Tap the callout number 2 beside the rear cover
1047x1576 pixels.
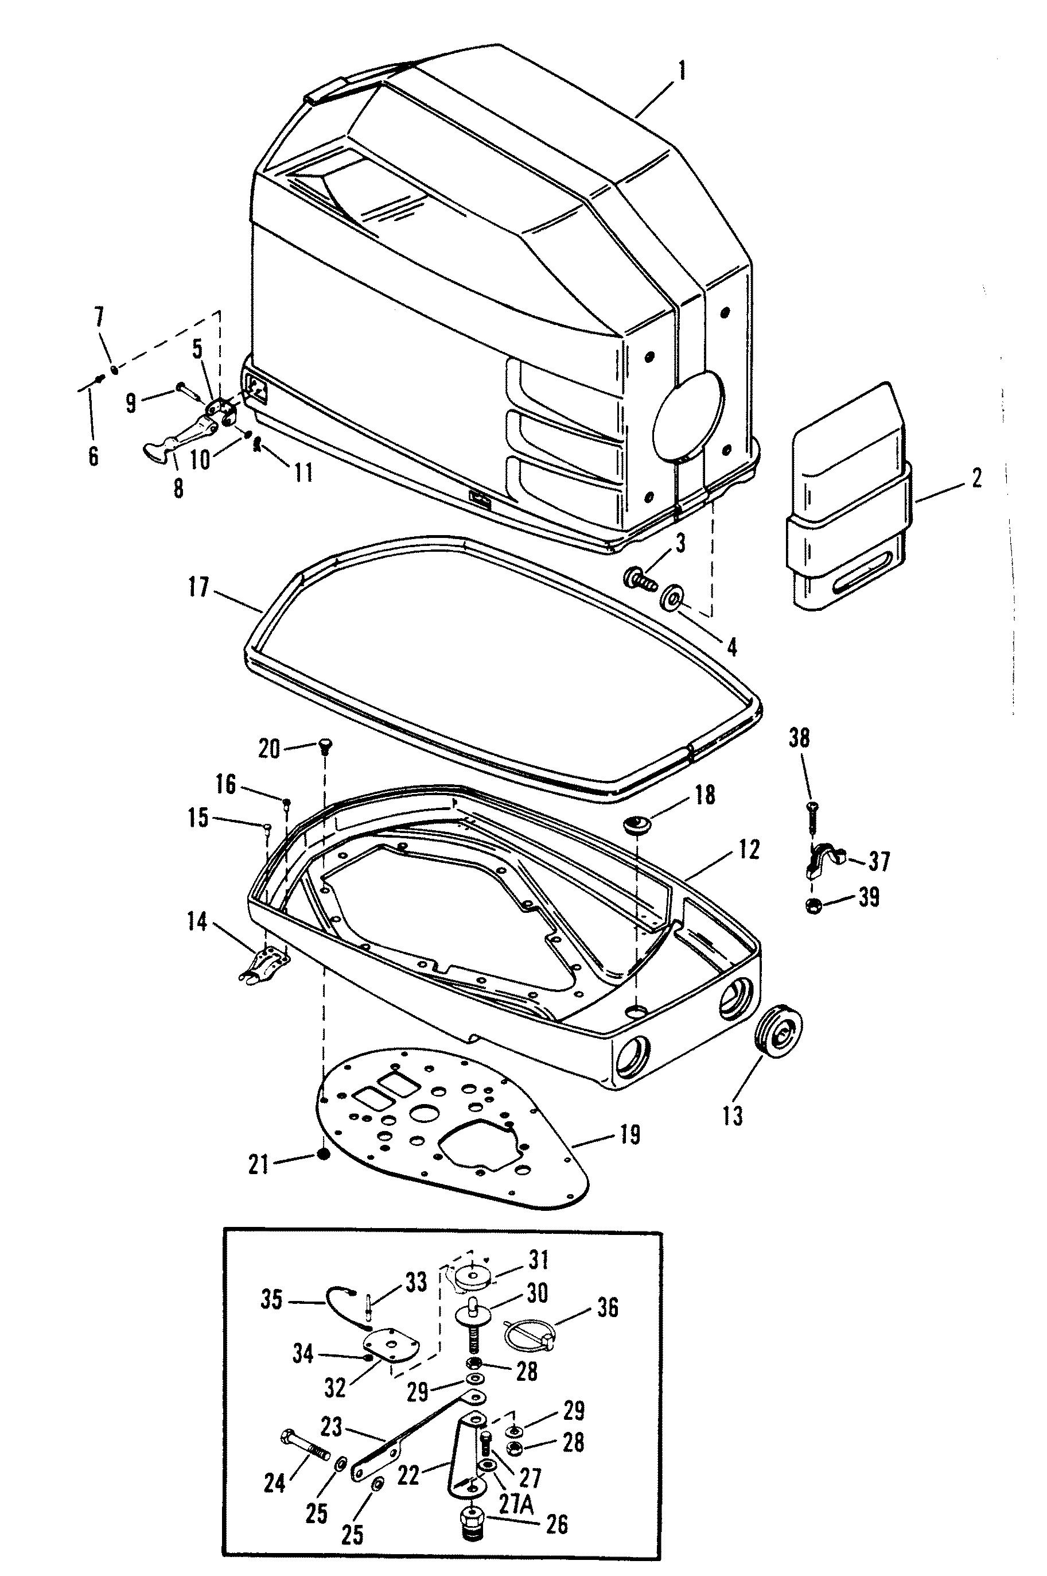click(x=976, y=479)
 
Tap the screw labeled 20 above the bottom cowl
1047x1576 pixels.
click(x=325, y=746)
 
